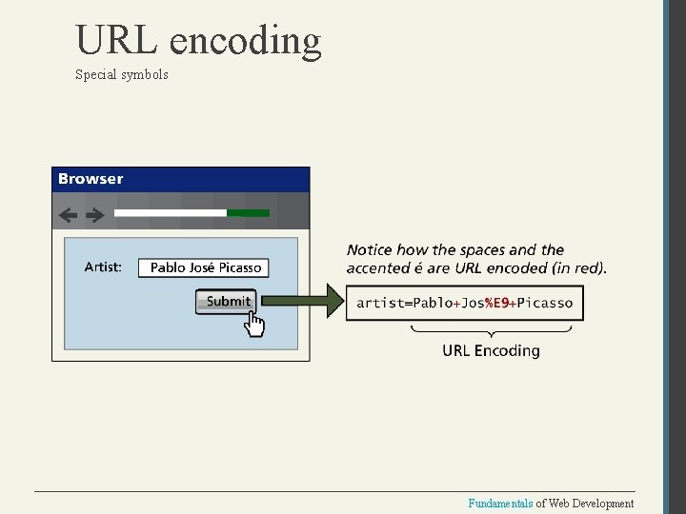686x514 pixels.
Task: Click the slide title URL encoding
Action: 198,41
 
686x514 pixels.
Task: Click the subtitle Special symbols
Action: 121,74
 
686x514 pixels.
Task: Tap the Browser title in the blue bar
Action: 91,179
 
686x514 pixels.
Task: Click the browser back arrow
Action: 68,215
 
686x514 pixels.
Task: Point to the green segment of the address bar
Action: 249,213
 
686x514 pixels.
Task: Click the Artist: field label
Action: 103,267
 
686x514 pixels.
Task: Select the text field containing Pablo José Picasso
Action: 205,267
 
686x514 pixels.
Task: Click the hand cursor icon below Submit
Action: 254,325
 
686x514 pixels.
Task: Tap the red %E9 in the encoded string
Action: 495,303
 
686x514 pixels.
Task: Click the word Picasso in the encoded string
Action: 545,303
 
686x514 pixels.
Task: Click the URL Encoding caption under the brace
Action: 491,350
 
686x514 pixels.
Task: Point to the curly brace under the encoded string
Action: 491,331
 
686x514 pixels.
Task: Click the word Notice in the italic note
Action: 370,250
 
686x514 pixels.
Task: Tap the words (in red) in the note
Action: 575,268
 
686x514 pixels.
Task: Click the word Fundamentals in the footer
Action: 500,503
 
